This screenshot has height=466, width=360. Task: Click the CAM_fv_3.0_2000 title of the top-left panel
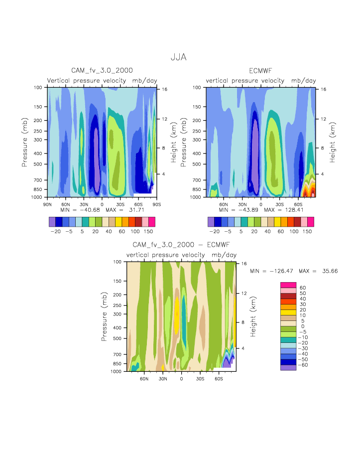[x=102, y=70]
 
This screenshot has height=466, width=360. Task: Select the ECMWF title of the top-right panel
[x=261, y=70]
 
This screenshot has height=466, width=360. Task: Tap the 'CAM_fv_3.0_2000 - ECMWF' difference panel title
[x=181, y=245]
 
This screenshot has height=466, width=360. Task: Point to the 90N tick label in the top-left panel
[x=47, y=203]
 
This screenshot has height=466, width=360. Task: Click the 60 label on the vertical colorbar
[x=302, y=288]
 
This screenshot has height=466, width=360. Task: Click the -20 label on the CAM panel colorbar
[x=55, y=232]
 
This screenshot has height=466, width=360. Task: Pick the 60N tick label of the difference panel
[x=144, y=378]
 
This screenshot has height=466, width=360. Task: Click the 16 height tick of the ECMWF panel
[x=323, y=89]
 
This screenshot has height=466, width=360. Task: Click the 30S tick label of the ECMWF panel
[x=279, y=204]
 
